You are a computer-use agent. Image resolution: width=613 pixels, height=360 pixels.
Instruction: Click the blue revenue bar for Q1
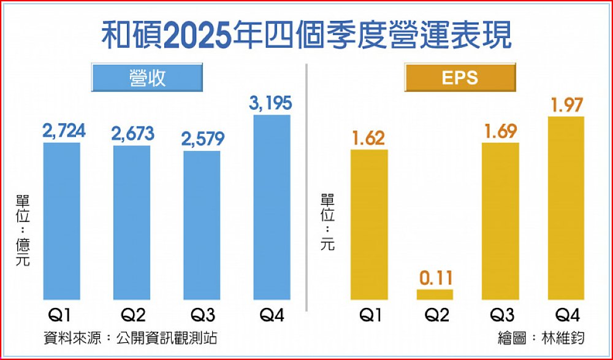62,221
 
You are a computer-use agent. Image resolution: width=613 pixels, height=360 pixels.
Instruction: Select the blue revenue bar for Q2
132,223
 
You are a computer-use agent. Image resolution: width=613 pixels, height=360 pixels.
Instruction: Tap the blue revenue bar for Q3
202,225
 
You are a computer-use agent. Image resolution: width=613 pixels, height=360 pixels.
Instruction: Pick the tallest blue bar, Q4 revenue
272,207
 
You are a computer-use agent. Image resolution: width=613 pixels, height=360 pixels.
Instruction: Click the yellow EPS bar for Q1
369,224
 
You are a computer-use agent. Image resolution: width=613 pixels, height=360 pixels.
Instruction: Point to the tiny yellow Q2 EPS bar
435,294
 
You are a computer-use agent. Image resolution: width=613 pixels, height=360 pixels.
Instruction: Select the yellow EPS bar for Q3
501,221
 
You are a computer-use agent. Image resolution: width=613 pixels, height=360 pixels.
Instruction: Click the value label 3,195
270,104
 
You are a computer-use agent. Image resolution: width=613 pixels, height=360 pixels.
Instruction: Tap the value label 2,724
63,131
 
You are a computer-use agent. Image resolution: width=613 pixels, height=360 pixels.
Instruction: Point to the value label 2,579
202,139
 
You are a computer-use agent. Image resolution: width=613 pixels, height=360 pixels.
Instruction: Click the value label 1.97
567,105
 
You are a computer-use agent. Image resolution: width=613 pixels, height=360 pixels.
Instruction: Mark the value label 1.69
501,131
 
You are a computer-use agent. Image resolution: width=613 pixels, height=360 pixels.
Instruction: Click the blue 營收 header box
147,77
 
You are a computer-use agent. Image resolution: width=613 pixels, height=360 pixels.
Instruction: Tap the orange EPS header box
460,77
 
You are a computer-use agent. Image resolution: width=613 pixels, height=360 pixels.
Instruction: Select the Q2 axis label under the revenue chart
132,316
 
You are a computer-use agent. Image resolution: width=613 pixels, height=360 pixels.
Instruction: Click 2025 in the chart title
197,36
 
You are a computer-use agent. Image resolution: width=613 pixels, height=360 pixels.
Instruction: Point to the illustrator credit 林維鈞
563,338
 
